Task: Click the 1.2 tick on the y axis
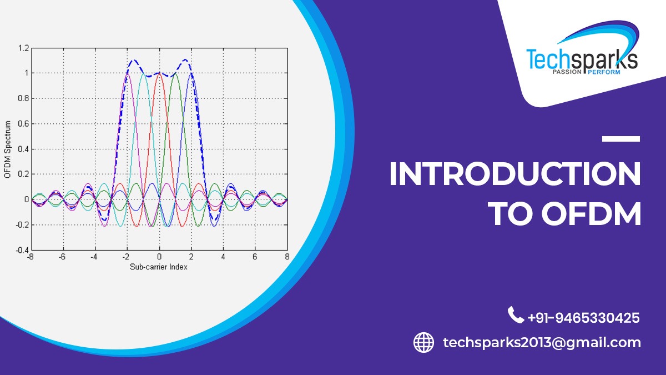click(x=23, y=48)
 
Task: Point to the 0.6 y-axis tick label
click(x=23, y=124)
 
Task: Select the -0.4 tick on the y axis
click(x=21, y=250)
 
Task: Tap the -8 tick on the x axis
click(x=31, y=257)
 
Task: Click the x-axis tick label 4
click(x=223, y=257)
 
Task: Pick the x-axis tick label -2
click(x=126, y=257)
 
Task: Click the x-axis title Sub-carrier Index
click(x=159, y=267)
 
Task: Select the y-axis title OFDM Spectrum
click(x=7, y=149)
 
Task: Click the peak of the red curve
click(x=159, y=73)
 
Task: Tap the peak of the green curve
click(x=175, y=73)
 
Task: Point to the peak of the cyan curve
click(x=143, y=73)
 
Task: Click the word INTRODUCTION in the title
click(x=514, y=174)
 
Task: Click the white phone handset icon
click(x=516, y=316)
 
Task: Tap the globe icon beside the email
click(x=424, y=342)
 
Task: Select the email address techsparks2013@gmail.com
click(x=542, y=342)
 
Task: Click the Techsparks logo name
click(x=581, y=58)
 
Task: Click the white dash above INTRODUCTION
click(x=621, y=138)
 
